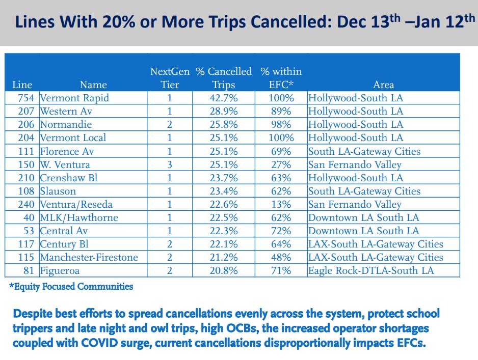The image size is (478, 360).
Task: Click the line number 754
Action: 24,98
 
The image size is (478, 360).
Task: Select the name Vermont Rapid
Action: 74,98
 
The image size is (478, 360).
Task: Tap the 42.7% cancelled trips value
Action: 224,98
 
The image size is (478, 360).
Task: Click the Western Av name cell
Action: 66,111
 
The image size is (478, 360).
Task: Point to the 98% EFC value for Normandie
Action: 281,124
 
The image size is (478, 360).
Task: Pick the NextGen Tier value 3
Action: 170,164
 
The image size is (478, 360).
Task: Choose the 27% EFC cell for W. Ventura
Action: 281,164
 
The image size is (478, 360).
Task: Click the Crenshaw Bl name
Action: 68,178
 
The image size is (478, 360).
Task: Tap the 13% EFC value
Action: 281,204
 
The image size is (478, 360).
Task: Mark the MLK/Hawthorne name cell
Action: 78,217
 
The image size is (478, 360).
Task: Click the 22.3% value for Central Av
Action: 224,231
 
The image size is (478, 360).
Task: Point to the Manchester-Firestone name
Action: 89,257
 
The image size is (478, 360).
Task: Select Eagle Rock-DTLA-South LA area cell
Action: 371,270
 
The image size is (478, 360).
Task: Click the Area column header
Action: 383,85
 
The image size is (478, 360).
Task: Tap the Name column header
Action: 93,85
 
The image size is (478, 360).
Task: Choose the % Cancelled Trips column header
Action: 224,78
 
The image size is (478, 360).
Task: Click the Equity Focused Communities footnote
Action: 71,287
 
